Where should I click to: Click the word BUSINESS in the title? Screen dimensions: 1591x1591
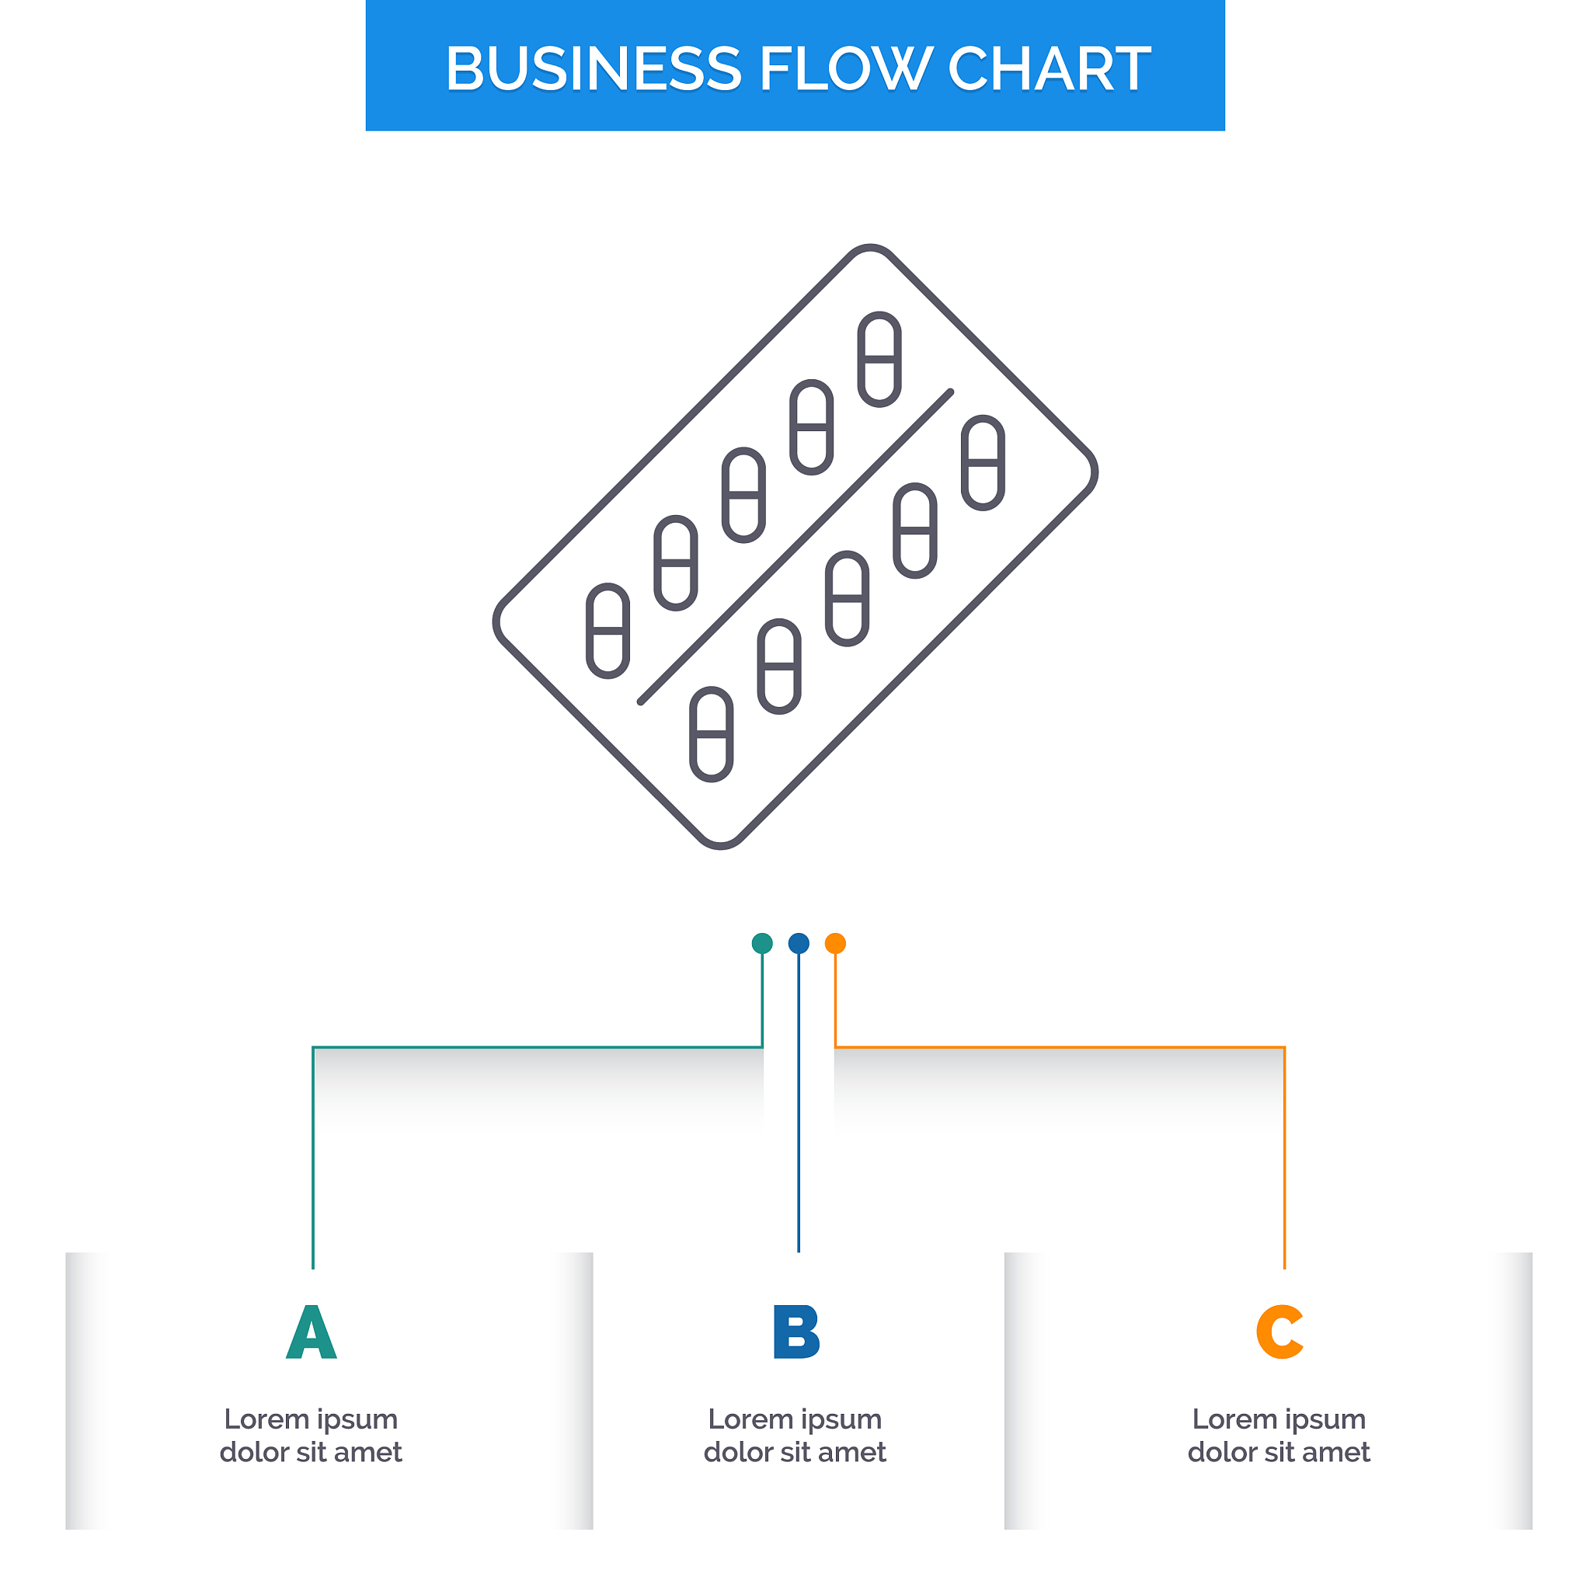(x=594, y=68)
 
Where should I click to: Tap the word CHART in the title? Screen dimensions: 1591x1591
(x=1049, y=68)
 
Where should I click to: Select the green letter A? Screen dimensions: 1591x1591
(x=312, y=1332)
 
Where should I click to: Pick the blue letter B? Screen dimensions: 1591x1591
(x=796, y=1332)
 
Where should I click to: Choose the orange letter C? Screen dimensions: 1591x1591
(x=1279, y=1332)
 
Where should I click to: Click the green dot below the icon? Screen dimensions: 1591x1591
(x=763, y=943)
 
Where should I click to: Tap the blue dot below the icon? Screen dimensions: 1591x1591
(x=799, y=943)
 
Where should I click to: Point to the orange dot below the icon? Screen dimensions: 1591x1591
(x=835, y=943)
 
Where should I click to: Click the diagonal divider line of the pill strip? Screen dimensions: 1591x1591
(x=795, y=547)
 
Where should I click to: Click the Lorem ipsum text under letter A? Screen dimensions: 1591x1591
(x=312, y=1436)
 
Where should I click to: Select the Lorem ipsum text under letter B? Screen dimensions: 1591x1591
(x=795, y=1436)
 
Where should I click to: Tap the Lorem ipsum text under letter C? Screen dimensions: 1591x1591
(x=1279, y=1436)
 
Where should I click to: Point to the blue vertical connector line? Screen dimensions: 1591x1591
(x=799, y=1102)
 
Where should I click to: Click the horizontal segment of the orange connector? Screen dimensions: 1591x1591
(x=1060, y=1047)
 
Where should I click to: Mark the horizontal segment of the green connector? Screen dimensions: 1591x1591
(x=538, y=1047)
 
